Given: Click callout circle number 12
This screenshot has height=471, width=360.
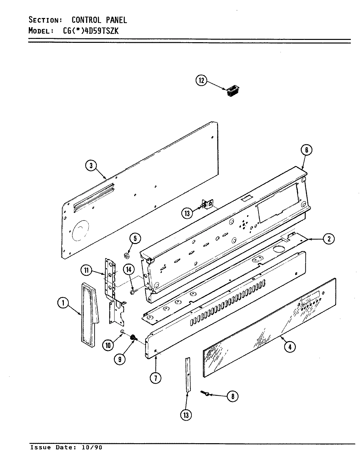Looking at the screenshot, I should pyautogui.click(x=201, y=80).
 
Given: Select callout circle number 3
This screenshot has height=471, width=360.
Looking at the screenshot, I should pyautogui.click(x=91, y=166).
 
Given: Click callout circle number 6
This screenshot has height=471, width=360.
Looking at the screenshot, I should pyautogui.click(x=306, y=150).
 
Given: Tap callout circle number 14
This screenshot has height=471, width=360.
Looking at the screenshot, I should pyautogui.click(x=129, y=270).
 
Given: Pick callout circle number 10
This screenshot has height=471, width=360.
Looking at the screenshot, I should pyautogui.click(x=108, y=344).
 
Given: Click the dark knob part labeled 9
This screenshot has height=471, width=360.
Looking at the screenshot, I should pyautogui.click(x=134, y=338).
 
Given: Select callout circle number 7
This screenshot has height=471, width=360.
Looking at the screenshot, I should pyautogui.click(x=155, y=378).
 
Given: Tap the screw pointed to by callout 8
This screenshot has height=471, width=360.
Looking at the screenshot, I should pyautogui.click(x=206, y=393).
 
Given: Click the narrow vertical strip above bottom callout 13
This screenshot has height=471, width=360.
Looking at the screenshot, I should pyautogui.click(x=188, y=375).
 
